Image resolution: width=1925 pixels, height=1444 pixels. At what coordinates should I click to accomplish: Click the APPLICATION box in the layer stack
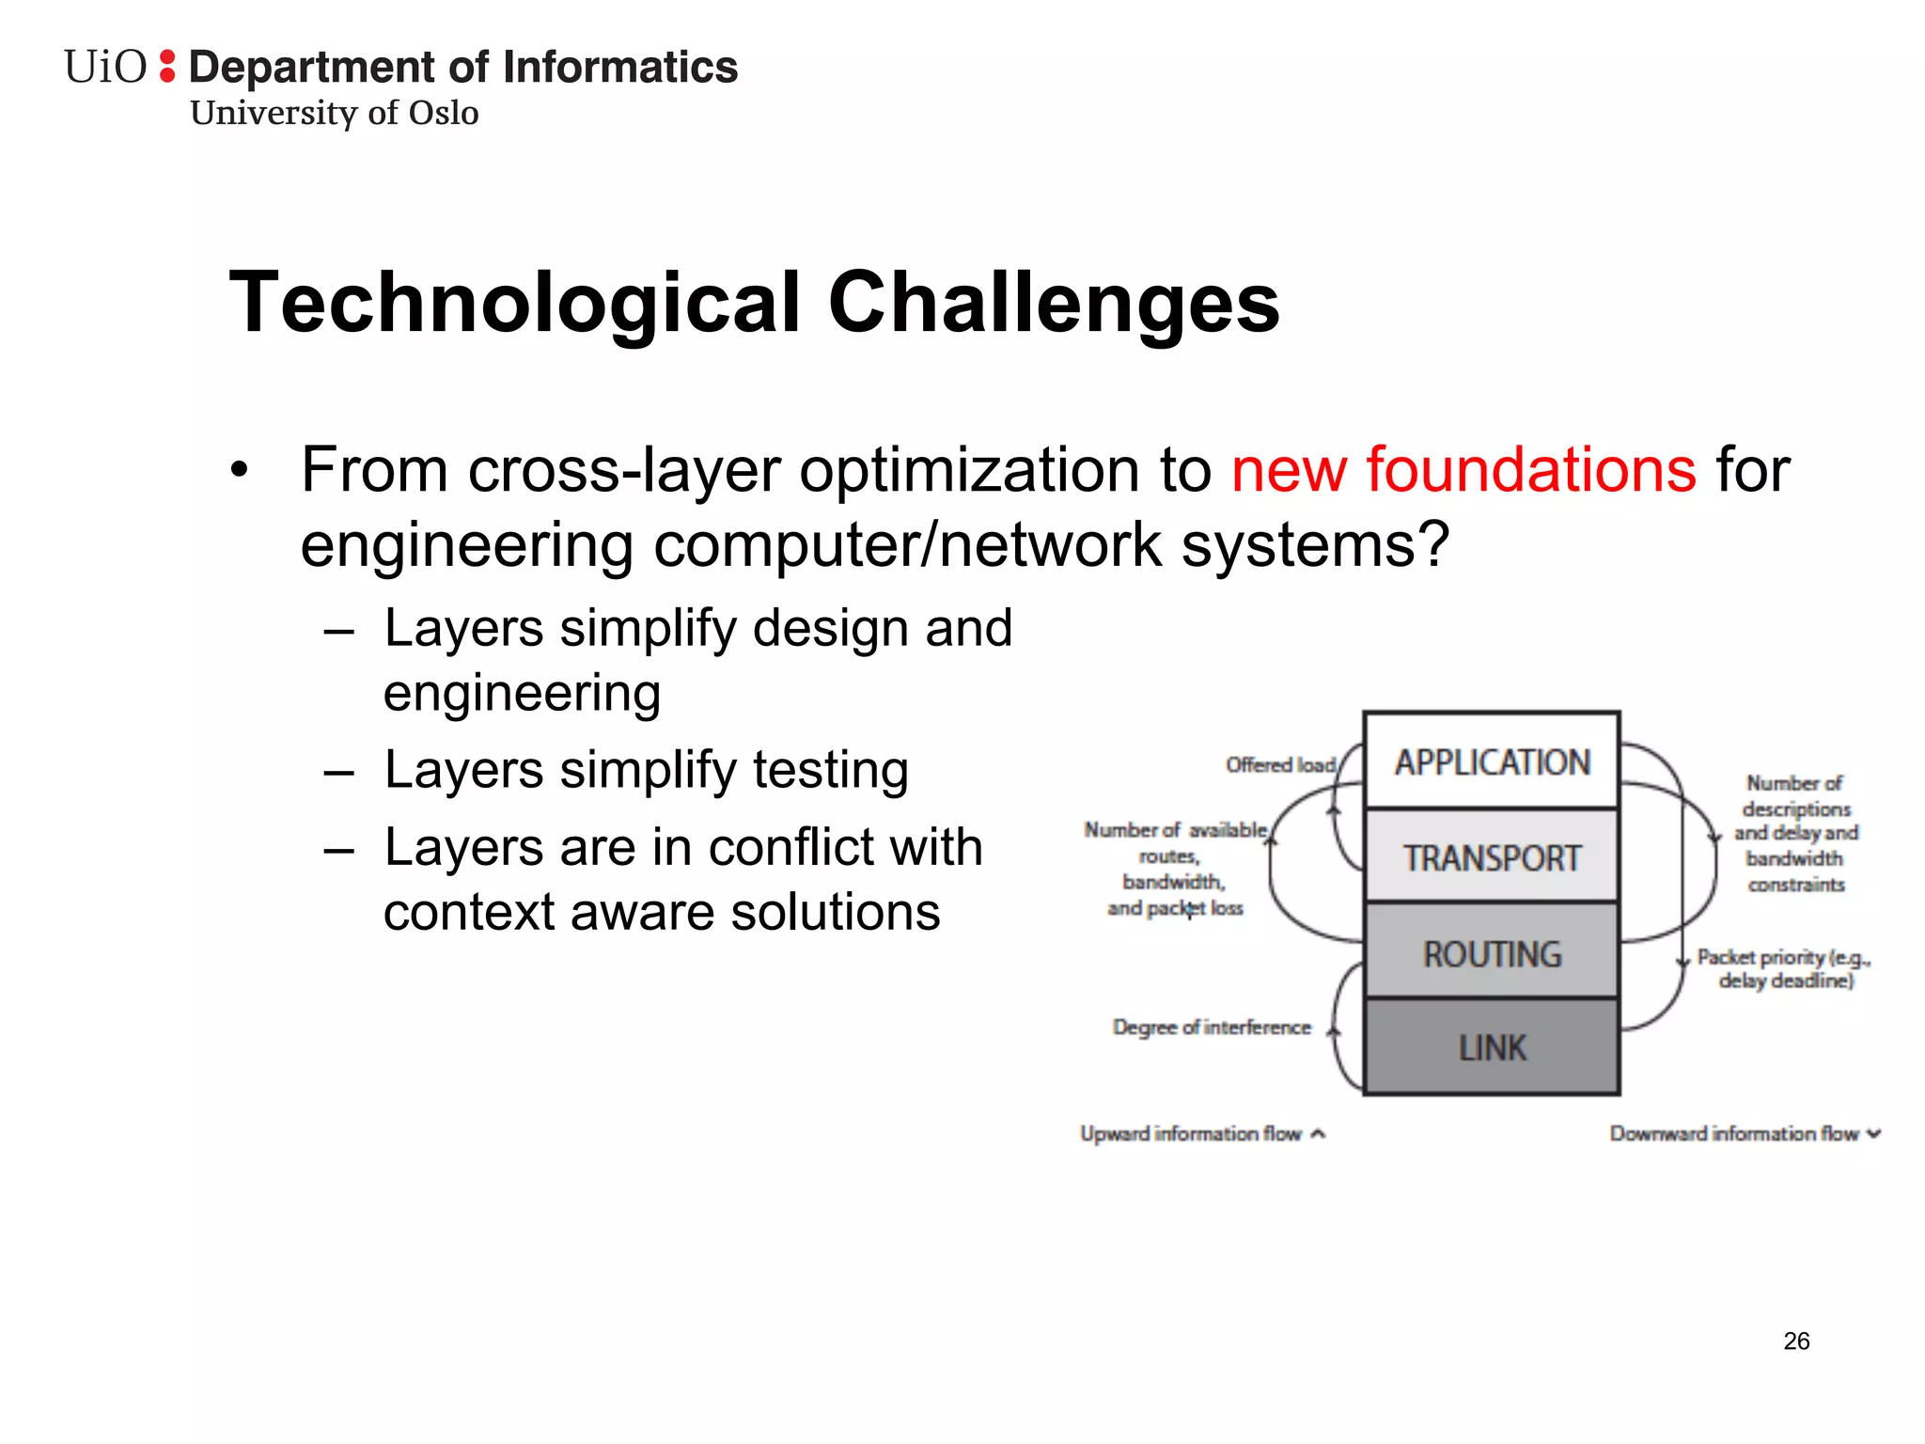coord(1492,761)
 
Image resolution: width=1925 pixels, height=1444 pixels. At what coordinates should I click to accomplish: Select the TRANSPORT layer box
coord(1492,857)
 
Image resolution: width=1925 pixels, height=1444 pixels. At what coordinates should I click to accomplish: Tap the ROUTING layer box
coord(1492,953)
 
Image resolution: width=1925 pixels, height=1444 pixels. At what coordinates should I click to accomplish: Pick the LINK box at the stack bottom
coord(1492,1047)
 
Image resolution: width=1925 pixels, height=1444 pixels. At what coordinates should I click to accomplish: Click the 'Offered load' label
coord(1280,765)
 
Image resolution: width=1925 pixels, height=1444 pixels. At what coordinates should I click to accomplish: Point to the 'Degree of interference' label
coord(1212,1028)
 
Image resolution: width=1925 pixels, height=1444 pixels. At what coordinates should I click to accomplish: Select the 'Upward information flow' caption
coord(1192,1134)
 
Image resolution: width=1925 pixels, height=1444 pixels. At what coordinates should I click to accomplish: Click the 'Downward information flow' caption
coord(1734,1134)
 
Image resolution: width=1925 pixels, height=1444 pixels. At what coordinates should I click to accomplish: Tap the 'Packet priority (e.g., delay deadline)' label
coord(1784,968)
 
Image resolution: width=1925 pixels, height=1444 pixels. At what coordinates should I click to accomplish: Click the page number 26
coord(1796,1342)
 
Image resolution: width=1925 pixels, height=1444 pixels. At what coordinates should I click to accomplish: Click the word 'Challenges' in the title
coord(1054,303)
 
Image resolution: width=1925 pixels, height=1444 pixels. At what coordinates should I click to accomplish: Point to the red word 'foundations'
coord(1530,470)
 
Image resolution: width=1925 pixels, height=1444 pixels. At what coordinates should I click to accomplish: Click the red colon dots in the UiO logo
coord(167,66)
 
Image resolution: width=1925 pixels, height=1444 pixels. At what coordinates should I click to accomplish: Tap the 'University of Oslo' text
coord(334,113)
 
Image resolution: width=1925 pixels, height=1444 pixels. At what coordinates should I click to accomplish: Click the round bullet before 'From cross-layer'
coord(241,471)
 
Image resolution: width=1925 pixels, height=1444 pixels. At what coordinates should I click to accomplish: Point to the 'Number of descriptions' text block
coord(1795,833)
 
